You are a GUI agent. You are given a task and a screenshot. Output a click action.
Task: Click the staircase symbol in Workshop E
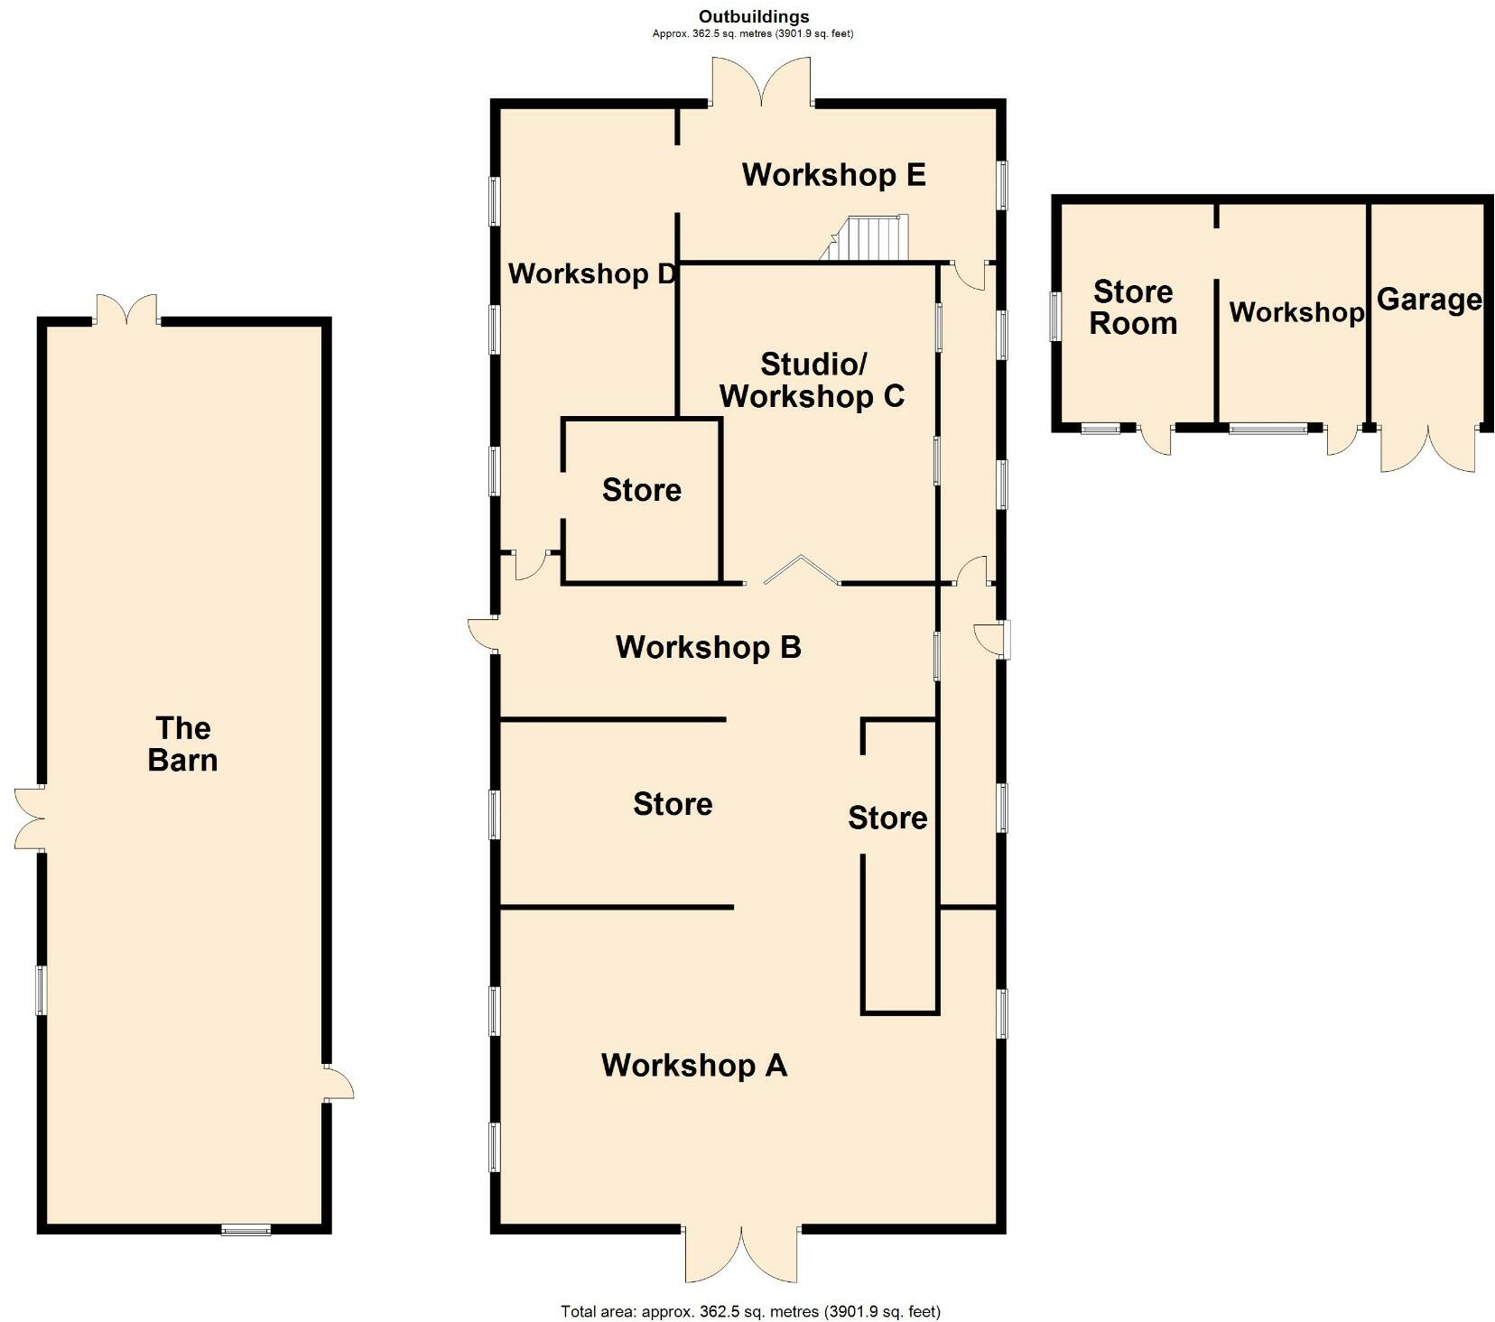point(867,238)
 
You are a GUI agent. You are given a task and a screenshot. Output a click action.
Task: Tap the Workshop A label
point(693,1065)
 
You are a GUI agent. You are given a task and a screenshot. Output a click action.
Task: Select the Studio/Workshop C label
point(812,380)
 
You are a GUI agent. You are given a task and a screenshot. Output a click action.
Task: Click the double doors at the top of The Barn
point(127,310)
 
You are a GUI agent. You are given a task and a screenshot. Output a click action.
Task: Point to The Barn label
point(182,744)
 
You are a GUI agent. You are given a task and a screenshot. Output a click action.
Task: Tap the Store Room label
point(1133,308)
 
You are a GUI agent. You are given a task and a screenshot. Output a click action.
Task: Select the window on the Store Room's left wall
point(1054,316)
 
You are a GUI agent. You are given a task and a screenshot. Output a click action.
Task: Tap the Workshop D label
point(591,273)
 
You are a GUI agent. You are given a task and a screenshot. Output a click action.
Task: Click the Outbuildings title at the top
point(753,16)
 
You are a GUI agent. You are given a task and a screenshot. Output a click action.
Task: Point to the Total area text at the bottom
point(750,1311)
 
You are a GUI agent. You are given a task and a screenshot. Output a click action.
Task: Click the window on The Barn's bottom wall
point(246,1228)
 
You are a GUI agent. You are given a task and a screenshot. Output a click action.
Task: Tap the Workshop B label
point(708,647)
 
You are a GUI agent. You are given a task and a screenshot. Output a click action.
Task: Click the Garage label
point(1428,300)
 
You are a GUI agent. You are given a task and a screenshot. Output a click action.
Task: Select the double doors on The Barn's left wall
point(31,818)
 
